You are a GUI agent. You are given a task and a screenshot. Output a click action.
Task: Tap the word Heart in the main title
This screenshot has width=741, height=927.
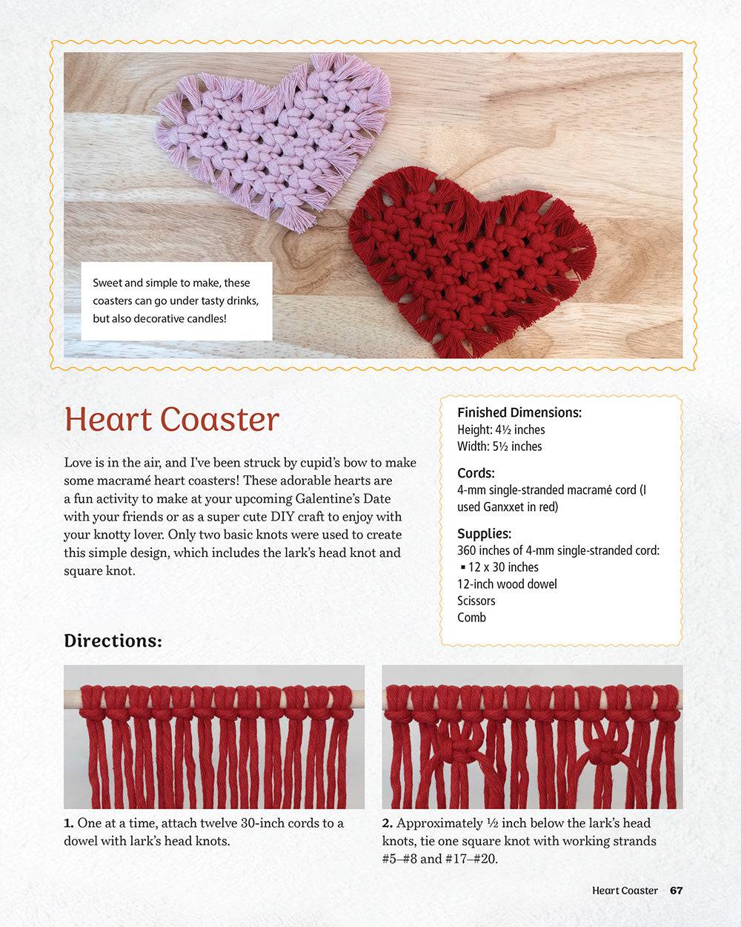pos(108,420)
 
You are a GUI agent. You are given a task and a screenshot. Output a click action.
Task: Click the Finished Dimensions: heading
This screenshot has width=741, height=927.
pos(519,412)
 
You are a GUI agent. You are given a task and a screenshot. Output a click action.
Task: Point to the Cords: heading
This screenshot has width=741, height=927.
pos(476,473)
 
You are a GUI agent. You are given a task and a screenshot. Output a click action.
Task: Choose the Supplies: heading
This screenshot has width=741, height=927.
pos(484,533)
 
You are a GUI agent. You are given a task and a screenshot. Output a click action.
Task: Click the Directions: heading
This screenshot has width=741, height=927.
pos(113,641)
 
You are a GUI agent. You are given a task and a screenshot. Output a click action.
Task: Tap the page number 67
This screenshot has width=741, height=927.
pos(676,890)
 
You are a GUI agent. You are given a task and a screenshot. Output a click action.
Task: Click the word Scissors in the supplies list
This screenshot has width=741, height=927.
pos(476,601)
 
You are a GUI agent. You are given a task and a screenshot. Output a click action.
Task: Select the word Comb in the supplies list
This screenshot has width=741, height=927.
pos(471,617)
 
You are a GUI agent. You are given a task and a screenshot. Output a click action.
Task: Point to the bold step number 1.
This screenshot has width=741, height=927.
pos(69,823)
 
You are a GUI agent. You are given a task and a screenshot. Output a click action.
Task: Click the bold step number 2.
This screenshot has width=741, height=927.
pos(388,823)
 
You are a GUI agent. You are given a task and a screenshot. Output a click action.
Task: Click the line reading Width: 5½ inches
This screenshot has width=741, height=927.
pos(499,446)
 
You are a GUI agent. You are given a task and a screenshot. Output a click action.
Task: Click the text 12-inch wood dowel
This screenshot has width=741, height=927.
pos(507,584)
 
